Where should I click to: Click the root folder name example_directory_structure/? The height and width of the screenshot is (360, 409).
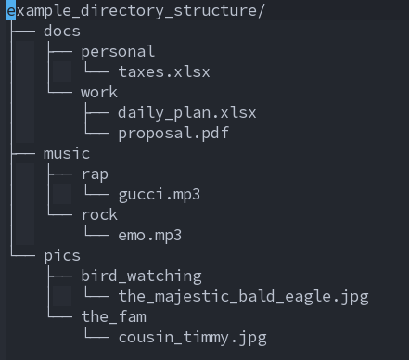click(135, 11)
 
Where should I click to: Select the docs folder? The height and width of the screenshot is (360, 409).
click(62, 32)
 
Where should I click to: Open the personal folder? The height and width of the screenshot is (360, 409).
click(118, 52)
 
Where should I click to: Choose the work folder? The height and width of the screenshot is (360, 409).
click(99, 93)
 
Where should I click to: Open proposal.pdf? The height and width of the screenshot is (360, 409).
click(173, 134)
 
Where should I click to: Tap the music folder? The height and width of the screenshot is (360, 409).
click(67, 154)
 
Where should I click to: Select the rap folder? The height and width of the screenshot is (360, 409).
click(95, 174)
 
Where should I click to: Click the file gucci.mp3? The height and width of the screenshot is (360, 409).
click(160, 195)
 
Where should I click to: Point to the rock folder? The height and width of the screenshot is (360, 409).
click(99, 215)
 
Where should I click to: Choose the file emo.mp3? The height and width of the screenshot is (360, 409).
click(150, 236)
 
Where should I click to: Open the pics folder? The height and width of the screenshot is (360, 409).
click(62, 256)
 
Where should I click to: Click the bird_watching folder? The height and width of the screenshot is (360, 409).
click(141, 276)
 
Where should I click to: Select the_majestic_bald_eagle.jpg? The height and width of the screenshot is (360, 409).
click(243, 297)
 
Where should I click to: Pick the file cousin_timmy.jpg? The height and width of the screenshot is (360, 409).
click(192, 338)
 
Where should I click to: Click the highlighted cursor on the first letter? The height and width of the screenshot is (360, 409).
click(11, 11)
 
